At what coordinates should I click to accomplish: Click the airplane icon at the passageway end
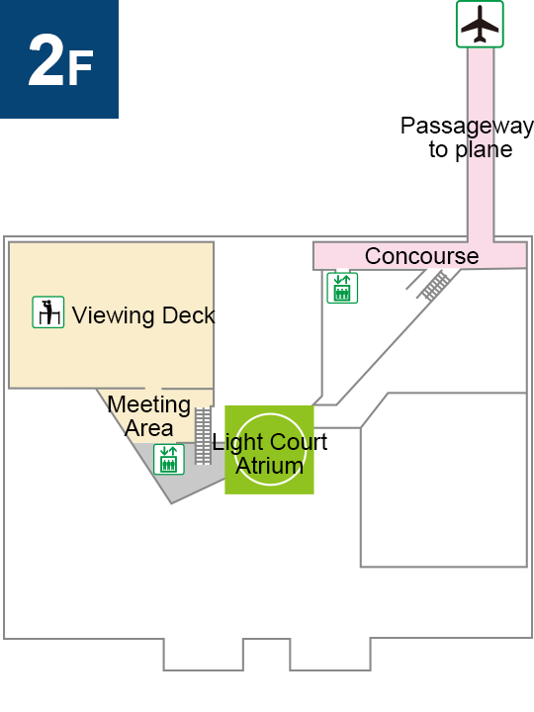click(x=480, y=24)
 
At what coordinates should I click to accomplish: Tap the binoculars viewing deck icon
click(x=48, y=311)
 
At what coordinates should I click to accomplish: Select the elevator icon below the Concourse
click(x=342, y=288)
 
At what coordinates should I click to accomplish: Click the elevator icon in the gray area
click(x=169, y=460)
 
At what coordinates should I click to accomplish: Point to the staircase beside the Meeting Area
click(x=203, y=436)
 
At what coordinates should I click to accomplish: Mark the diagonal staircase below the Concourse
click(x=435, y=285)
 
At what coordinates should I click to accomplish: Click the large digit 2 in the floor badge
click(x=45, y=59)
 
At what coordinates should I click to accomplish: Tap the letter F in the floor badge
click(x=81, y=67)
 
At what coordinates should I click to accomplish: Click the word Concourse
click(x=422, y=256)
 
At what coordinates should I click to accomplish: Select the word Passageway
click(x=467, y=127)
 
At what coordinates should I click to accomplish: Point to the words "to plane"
click(x=471, y=149)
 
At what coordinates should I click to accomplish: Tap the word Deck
click(x=188, y=315)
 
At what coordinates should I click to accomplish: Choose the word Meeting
click(x=149, y=405)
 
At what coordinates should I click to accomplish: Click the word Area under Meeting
click(x=149, y=428)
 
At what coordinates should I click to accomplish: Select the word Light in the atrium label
click(x=232, y=443)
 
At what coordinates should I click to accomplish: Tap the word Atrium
click(x=270, y=466)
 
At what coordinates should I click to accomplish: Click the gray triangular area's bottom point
click(x=171, y=503)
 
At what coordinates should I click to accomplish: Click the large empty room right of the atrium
click(x=444, y=480)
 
